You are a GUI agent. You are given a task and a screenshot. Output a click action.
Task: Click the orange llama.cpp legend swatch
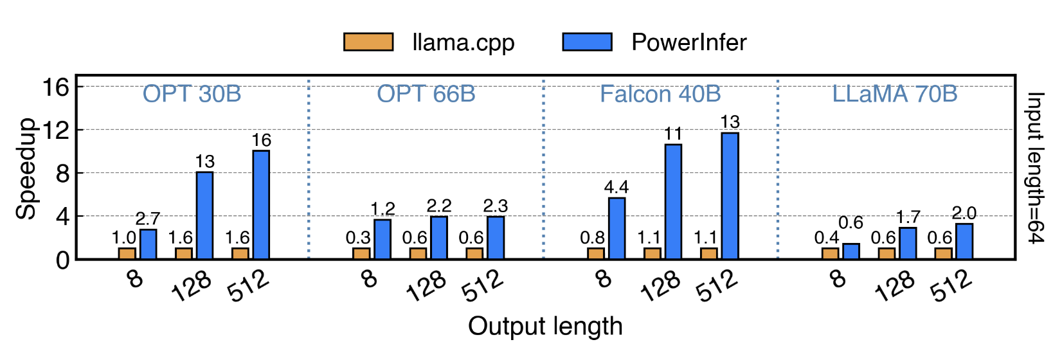pyautogui.click(x=368, y=42)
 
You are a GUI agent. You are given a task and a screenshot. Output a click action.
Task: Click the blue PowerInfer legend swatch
pyautogui.click(x=587, y=42)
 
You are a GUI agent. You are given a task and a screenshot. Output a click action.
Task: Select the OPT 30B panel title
pyautogui.click(x=192, y=94)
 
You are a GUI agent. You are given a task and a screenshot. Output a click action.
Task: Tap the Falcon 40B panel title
pyautogui.click(x=660, y=94)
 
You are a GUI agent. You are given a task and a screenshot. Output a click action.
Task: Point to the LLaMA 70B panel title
pyautogui.click(x=894, y=94)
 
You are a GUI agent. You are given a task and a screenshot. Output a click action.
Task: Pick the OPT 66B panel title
pyautogui.click(x=426, y=94)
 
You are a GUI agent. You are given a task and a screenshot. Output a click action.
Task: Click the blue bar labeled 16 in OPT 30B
pyautogui.click(x=261, y=204)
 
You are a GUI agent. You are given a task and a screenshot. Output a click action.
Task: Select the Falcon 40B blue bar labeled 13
pyautogui.click(x=730, y=195)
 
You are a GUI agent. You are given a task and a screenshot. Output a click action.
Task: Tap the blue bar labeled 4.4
pyautogui.click(x=616, y=228)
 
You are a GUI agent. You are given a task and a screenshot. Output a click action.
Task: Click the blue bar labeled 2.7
pyautogui.click(x=148, y=244)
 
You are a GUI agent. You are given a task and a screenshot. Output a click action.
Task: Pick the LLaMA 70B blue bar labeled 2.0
pyautogui.click(x=964, y=241)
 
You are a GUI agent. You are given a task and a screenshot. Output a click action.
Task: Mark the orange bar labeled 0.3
pyautogui.click(x=361, y=253)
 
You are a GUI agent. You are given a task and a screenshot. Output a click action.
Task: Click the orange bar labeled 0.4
pyautogui.click(x=830, y=253)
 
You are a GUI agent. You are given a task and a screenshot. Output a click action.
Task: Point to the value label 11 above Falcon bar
pyautogui.click(x=673, y=134)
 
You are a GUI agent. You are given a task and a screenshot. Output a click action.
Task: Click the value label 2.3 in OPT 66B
pyautogui.click(x=496, y=206)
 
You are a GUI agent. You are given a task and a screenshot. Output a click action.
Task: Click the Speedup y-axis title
pyautogui.click(x=26, y=168)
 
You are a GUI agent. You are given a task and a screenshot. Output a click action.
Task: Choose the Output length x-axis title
pyautogui.click(x=545, y=326)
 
